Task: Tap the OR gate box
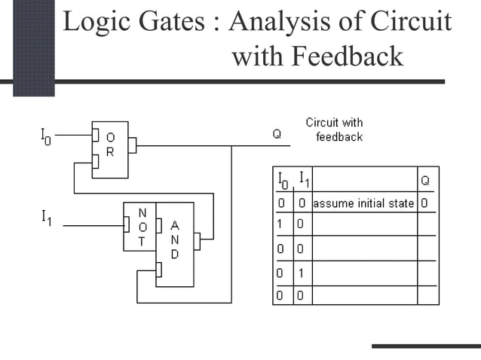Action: [x=110, y=149]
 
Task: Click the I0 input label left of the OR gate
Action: [x=45, y=136]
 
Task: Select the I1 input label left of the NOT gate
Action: [x=46, y=218]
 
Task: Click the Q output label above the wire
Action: [x=277, y=134]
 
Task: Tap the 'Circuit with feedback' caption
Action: [x=334, y=130]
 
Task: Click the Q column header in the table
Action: [x=426, y=180]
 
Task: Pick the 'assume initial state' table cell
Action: [x=363, y=203]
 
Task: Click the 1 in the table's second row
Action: [x=279, y=224]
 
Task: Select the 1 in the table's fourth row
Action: [x=300, y=272]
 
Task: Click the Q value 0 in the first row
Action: [x=425, y=203]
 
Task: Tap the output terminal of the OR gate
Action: [x=132, y=145]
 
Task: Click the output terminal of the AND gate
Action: [x=197, y=241]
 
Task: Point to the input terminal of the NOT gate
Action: [x=127, y=224]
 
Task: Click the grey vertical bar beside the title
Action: [x=34, y=47]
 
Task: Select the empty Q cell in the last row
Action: [x=427, y=294]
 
